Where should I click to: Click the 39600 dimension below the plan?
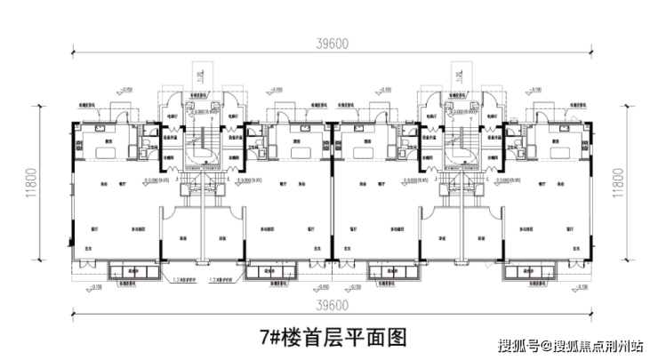pos(329,305)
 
